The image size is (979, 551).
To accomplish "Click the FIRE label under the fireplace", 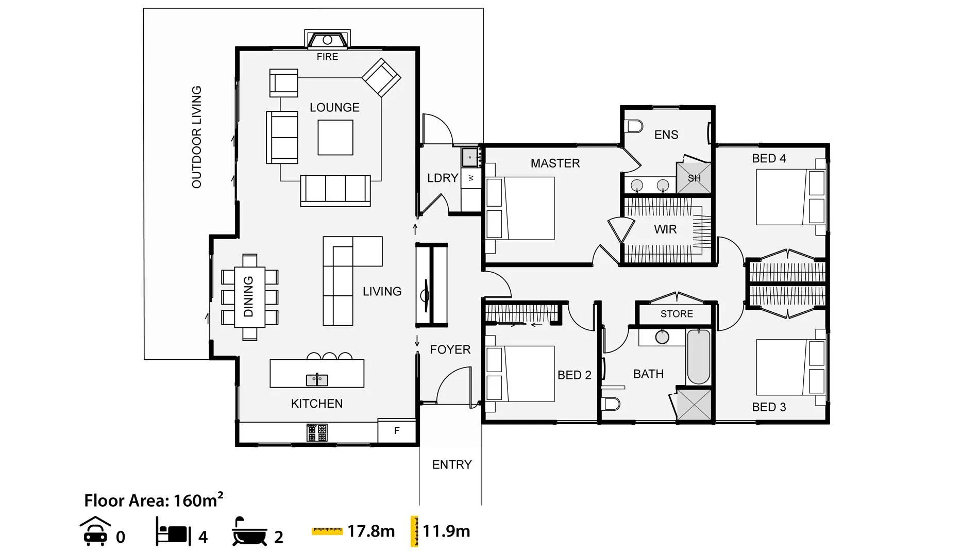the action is click(x=327, y=57).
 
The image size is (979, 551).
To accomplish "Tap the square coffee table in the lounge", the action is click(x=335, y=137).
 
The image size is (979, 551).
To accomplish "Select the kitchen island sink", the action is click(x=317, y=380).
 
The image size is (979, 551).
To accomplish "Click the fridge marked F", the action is click(x=396, y=430).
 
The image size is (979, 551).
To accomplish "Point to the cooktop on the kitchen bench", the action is click(x=317, y=432).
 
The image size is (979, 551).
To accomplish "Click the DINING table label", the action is click(x=248, y=296).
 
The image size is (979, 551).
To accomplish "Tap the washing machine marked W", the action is click(x=471, y=178).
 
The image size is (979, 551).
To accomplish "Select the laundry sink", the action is click(x=470, y=157).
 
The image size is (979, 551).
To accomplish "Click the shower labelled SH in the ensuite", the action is click(x=694, y=178).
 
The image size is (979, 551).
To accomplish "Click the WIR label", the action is click(x=665, y=229).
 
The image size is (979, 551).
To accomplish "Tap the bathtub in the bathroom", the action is click(x=699, y=357).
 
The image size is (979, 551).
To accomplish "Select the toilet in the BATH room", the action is click(x=612, y=403).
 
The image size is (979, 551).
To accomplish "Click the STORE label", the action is click(x=677, y=314).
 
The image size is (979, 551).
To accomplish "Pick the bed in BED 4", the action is click(x=790, y=197).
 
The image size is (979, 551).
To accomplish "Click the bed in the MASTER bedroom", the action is click(x=520, y=208).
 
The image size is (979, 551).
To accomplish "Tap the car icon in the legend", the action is click(x=95, y=531).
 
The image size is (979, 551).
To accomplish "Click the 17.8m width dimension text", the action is click(x=371, y=531).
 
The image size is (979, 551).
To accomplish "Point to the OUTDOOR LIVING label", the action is click(x=196, y=137).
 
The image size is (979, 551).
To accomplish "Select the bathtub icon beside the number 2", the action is click(x=249, y=531).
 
